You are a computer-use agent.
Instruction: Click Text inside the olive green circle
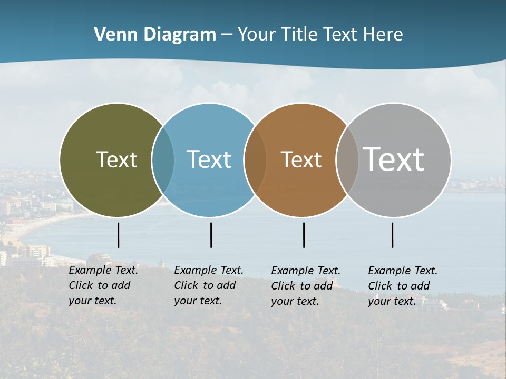point(116,159)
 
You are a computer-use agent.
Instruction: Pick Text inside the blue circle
point(209,159)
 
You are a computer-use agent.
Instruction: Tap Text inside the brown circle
point(301,159)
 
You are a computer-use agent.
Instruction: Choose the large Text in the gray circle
point(394,159)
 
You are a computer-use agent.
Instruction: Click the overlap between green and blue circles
point(163,160)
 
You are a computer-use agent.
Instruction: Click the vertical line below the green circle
point(119,235)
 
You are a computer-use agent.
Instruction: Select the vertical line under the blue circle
point(211,235)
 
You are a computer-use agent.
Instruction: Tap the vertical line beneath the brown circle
point(304,235)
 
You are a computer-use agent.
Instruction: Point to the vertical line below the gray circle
point(393,235)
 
